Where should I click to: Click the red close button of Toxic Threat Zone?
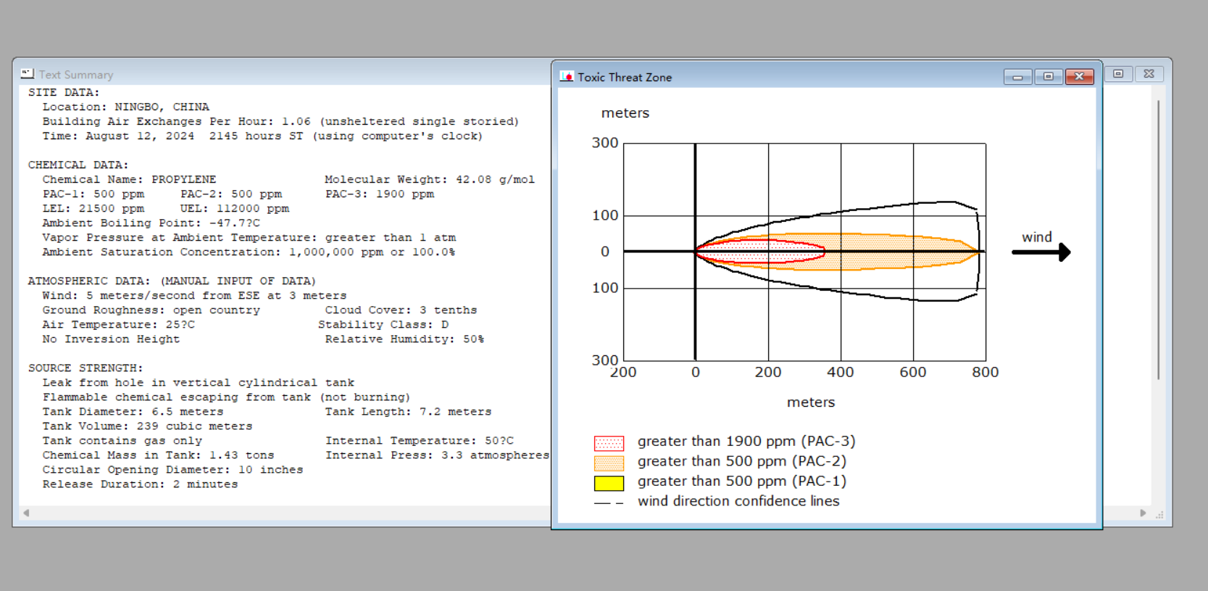[1079, 77]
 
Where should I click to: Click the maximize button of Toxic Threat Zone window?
[1049, 77]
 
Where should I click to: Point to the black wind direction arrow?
[1041, 252]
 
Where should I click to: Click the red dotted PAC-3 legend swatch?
[609, 443]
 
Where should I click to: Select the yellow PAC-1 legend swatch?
[609, 483]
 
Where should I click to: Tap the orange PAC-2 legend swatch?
[609, 463]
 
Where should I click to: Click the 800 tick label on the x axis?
[986, 373]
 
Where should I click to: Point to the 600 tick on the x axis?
[913, 373]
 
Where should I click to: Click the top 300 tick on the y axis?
[605, 143]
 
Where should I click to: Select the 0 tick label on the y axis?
[605, 252]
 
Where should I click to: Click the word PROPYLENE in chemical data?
[183, 179]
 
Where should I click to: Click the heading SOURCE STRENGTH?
[86, 368]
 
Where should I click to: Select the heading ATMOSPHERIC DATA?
[90, 281]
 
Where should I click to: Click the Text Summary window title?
[76, 75]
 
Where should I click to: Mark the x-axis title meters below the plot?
[811, 402]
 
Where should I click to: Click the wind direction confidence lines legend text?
[738, 501]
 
